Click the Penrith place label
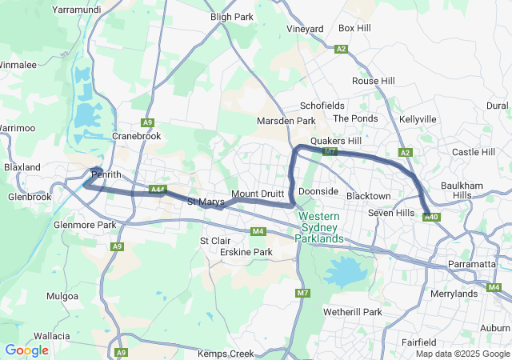coord(106,174)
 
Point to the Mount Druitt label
coord(258,194)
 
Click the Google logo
coord(26,350)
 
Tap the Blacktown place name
coord(368,196)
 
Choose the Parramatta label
coord(473,264)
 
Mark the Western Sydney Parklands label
coord(319,227)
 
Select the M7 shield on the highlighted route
coord(329,150)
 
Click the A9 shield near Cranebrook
coord(147,122)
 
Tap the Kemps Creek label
coord(226,354)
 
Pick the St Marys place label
coord(206,202)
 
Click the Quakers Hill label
coord(337,140)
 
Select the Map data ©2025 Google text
coord(462,354)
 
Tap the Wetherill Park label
coord(353,311)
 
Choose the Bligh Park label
coord(231,16)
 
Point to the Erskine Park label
coord(246,252)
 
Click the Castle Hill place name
coord(474,152)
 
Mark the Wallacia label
coord(51,336)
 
